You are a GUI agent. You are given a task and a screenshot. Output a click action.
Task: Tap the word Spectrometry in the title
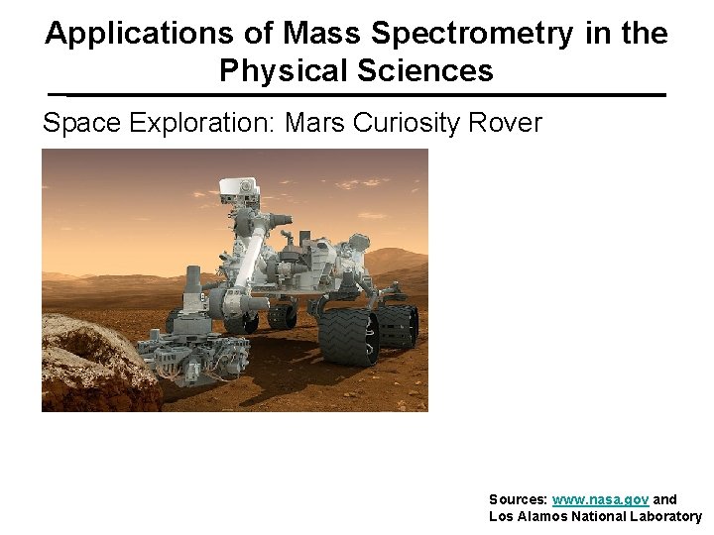[x=471, y=34]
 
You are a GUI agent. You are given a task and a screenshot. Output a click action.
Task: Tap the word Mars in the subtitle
[x=314, y=123]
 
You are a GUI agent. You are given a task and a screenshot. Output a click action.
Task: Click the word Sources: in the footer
[x=518, y=499]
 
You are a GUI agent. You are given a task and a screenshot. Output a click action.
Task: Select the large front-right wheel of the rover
[x=348, y=336]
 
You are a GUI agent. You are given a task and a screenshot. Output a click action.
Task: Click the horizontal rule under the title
[x=357, y=95]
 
